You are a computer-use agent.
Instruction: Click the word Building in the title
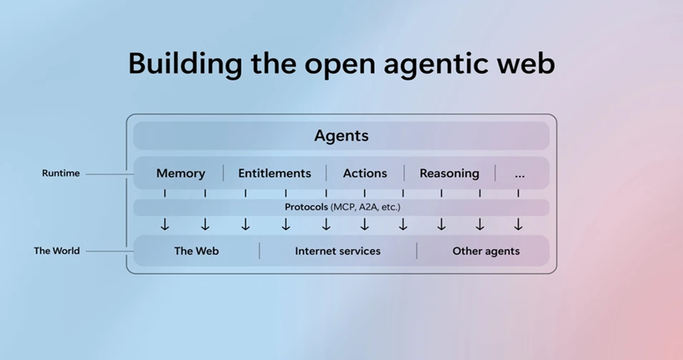pos(184,64)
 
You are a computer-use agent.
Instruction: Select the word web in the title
pos(525,64)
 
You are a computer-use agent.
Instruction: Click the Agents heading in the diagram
pos(341,136)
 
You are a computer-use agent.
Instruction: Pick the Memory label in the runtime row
pos(180,173)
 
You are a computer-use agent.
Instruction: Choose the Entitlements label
pos(274,173)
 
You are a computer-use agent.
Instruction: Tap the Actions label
pos(364,173)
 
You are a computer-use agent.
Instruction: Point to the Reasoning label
pos(449,173)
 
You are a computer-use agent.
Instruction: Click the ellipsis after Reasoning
pos(520,174)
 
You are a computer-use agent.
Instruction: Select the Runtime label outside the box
pos(61,173)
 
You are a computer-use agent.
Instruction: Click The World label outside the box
pos(57,251)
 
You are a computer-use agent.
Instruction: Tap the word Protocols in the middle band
pos(306,208)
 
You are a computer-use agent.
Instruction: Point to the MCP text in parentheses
pos(345,208)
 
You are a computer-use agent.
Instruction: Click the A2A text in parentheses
pos(368,208)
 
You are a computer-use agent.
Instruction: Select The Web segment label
pos(196,251)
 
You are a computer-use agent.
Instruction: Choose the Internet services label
pos(337,251)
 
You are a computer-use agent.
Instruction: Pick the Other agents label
pos(485,251)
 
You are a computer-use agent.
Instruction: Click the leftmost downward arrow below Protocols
pos(165,225)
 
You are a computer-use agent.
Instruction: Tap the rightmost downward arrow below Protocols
pos(518,225)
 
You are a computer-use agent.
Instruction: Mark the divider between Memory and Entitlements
pos(223,173)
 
